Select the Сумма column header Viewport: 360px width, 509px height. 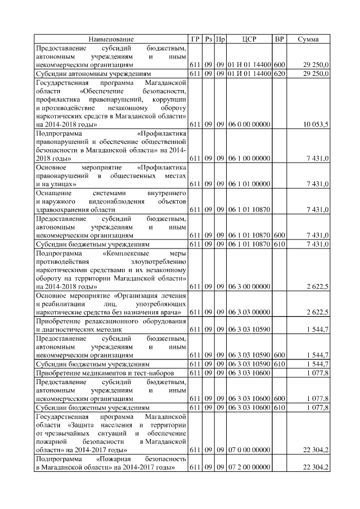pos(308,39)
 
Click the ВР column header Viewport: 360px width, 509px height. pos(279,39)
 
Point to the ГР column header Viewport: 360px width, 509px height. pos(195,39)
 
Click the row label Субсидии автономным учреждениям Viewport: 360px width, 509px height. pos(93,74)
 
